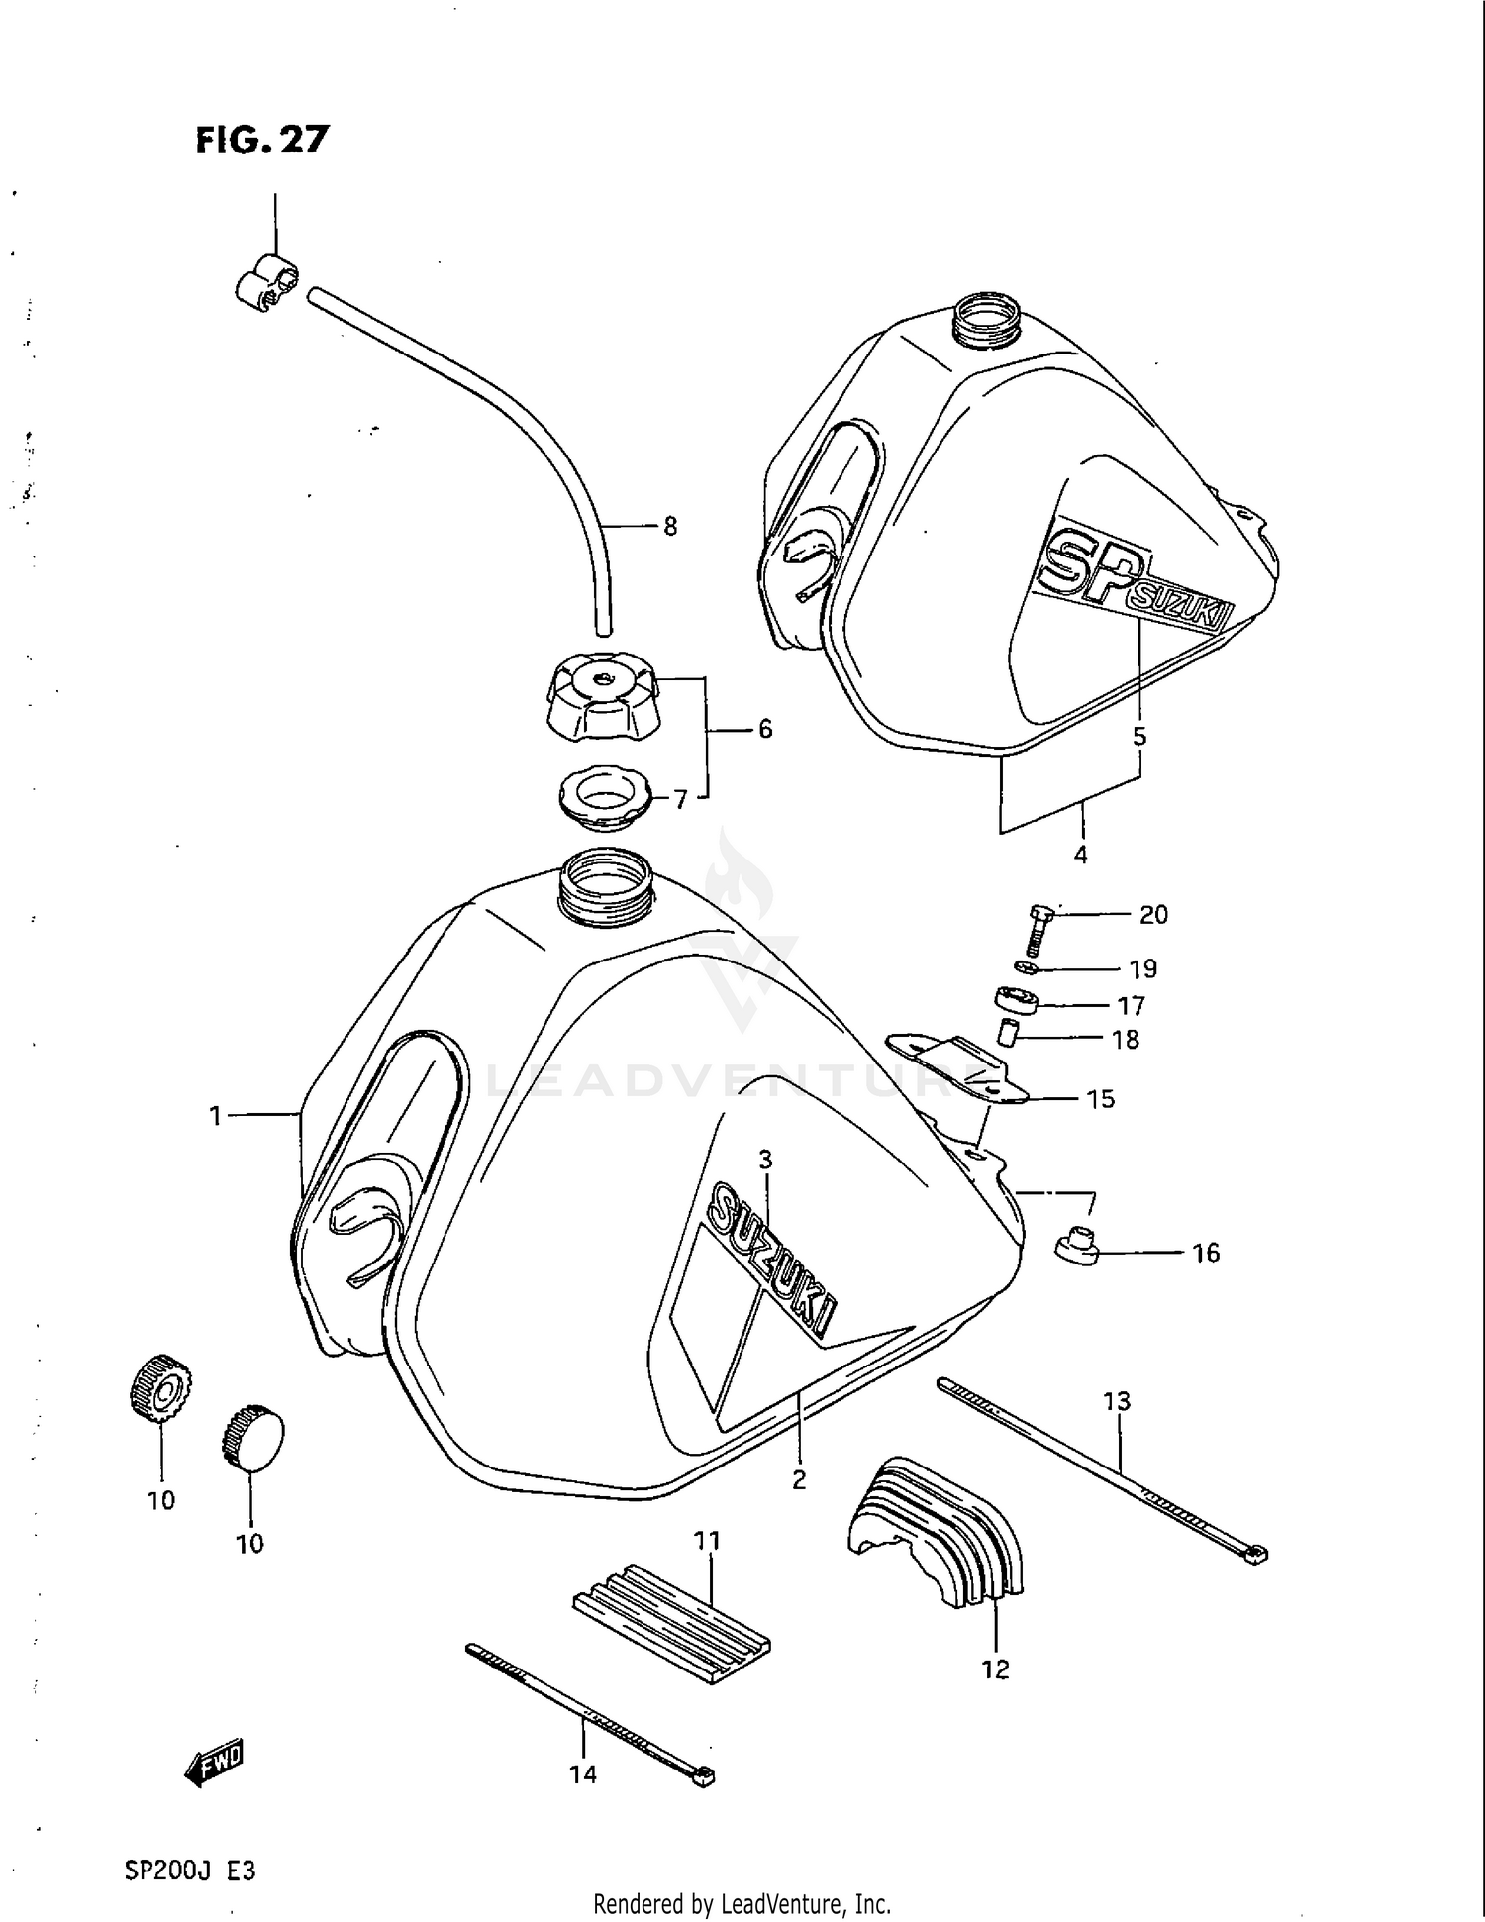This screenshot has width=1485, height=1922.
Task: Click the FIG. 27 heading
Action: (261, 140)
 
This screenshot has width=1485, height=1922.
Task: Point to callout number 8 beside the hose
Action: (670, 527)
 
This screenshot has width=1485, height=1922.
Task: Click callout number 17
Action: (1131, 1006)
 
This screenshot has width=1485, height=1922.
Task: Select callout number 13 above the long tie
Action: (1117, 1401)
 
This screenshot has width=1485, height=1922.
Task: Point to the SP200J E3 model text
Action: (190, 1871)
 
